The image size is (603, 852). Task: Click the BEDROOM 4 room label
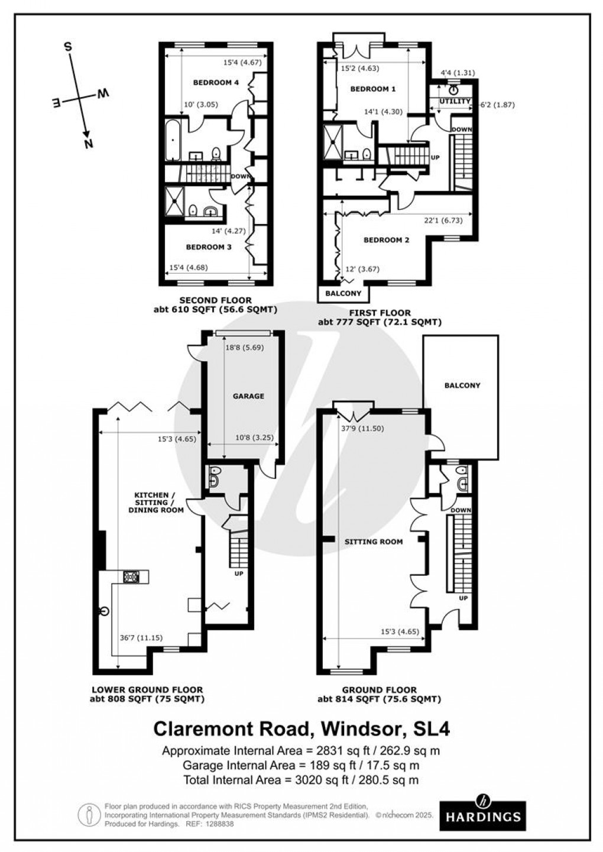[x=216, y=82]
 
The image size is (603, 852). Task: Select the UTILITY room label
[x=455, y=101]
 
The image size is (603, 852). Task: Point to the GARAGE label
[x=248, y=396]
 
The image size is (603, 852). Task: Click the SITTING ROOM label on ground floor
[x=374, y=542]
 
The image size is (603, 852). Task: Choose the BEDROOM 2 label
[x=386, y=240]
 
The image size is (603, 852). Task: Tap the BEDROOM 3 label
[x=208, y=247]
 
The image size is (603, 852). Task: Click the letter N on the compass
[x=89, y=144]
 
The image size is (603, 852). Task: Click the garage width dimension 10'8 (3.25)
[x=254, y=438]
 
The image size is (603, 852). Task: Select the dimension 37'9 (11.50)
[x=362, y=428]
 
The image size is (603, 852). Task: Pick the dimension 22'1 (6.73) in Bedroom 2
[x=443, y=220]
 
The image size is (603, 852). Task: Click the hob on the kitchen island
[x=131, y=577]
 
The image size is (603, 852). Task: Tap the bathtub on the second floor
[x=172, y=140]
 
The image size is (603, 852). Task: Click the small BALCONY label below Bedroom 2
[x=343, y=293]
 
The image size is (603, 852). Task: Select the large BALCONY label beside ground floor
[x=462, y=385]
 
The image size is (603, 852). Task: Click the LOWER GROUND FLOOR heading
[x=147, y=689]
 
